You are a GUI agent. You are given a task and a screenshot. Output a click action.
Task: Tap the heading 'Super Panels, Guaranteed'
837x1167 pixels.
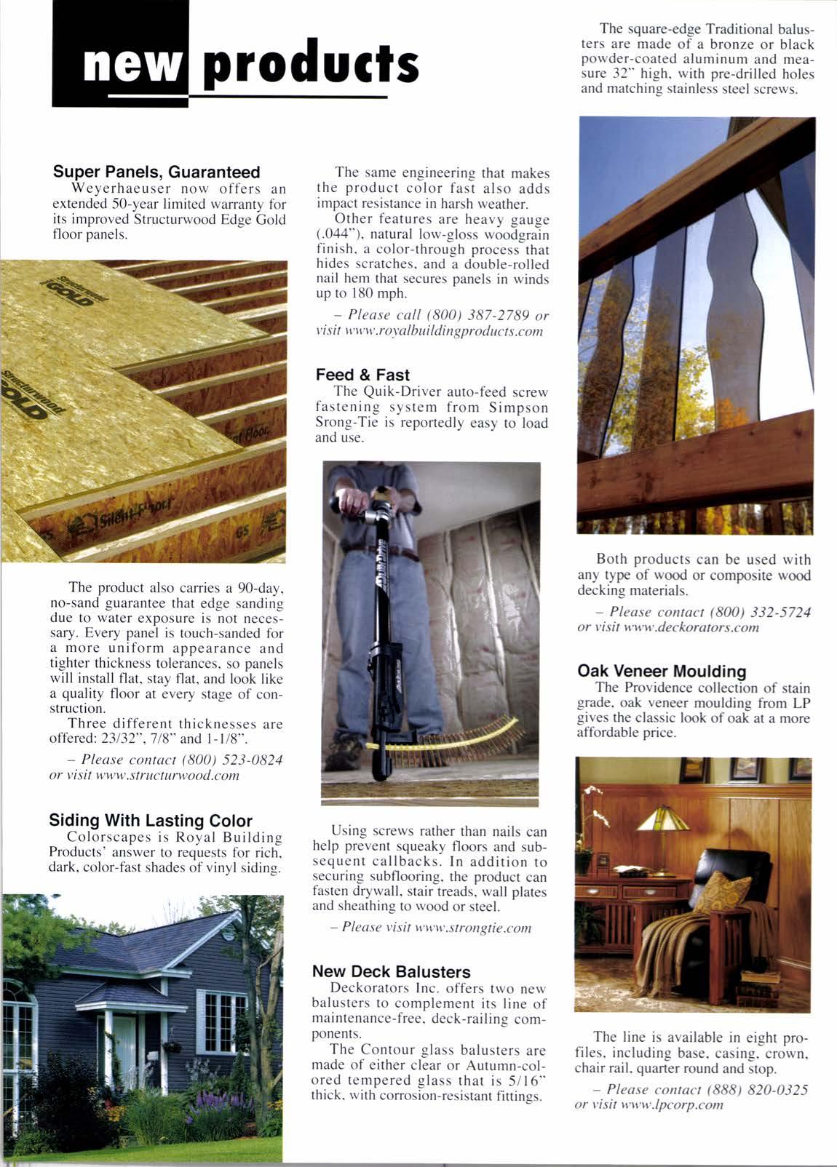[156, 172]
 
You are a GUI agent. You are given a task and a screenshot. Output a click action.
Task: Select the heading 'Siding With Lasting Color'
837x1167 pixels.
[151, 821]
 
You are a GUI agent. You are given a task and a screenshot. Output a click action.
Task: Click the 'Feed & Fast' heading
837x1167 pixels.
[362, 375]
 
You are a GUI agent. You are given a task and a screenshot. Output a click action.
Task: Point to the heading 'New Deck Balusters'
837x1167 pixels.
[391, 972]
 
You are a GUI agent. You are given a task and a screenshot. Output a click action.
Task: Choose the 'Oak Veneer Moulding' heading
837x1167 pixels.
[662, 671]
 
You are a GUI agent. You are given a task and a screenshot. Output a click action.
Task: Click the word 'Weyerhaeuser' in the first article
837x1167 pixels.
[120, 188]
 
